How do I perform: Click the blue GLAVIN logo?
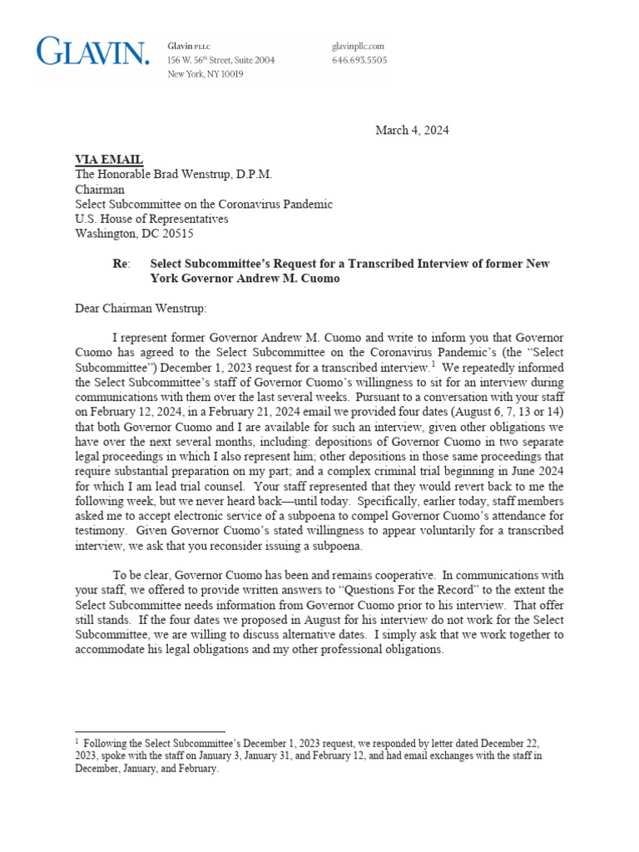pos(93,52)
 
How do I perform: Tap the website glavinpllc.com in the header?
pos(358,47)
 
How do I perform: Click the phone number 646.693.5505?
pos(359,61)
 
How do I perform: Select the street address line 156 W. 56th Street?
pos(220,61)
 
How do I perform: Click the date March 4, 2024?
pos(412,130)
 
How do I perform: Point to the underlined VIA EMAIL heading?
pos(109,160)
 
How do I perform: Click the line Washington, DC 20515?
pos(128,234)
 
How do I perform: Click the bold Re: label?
pos(121,264)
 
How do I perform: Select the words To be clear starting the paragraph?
pos(141,575)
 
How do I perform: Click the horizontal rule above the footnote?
pos(150,731)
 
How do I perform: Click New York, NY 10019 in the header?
pos(206,74)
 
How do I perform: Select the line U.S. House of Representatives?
pos(151,219)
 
